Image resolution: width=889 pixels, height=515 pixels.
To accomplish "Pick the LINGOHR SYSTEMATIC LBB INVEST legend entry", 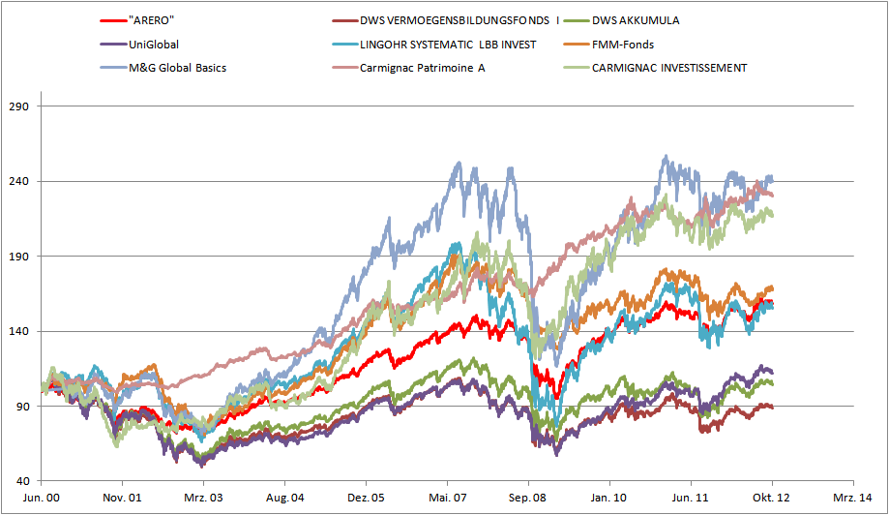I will (x=448, y=44).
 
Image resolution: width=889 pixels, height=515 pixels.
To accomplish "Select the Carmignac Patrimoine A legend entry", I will (x=422, y=68).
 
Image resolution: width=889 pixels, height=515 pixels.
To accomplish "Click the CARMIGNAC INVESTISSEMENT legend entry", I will (x=668, y=68).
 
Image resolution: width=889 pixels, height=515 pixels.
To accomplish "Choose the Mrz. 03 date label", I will (x=203, y=497).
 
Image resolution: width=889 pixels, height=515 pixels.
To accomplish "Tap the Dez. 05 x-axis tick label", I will (x=366, y=497).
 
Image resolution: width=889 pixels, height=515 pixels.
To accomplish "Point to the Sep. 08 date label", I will (x=528, y=497).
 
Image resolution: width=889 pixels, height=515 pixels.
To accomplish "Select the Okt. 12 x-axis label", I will (x=772, y=497).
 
